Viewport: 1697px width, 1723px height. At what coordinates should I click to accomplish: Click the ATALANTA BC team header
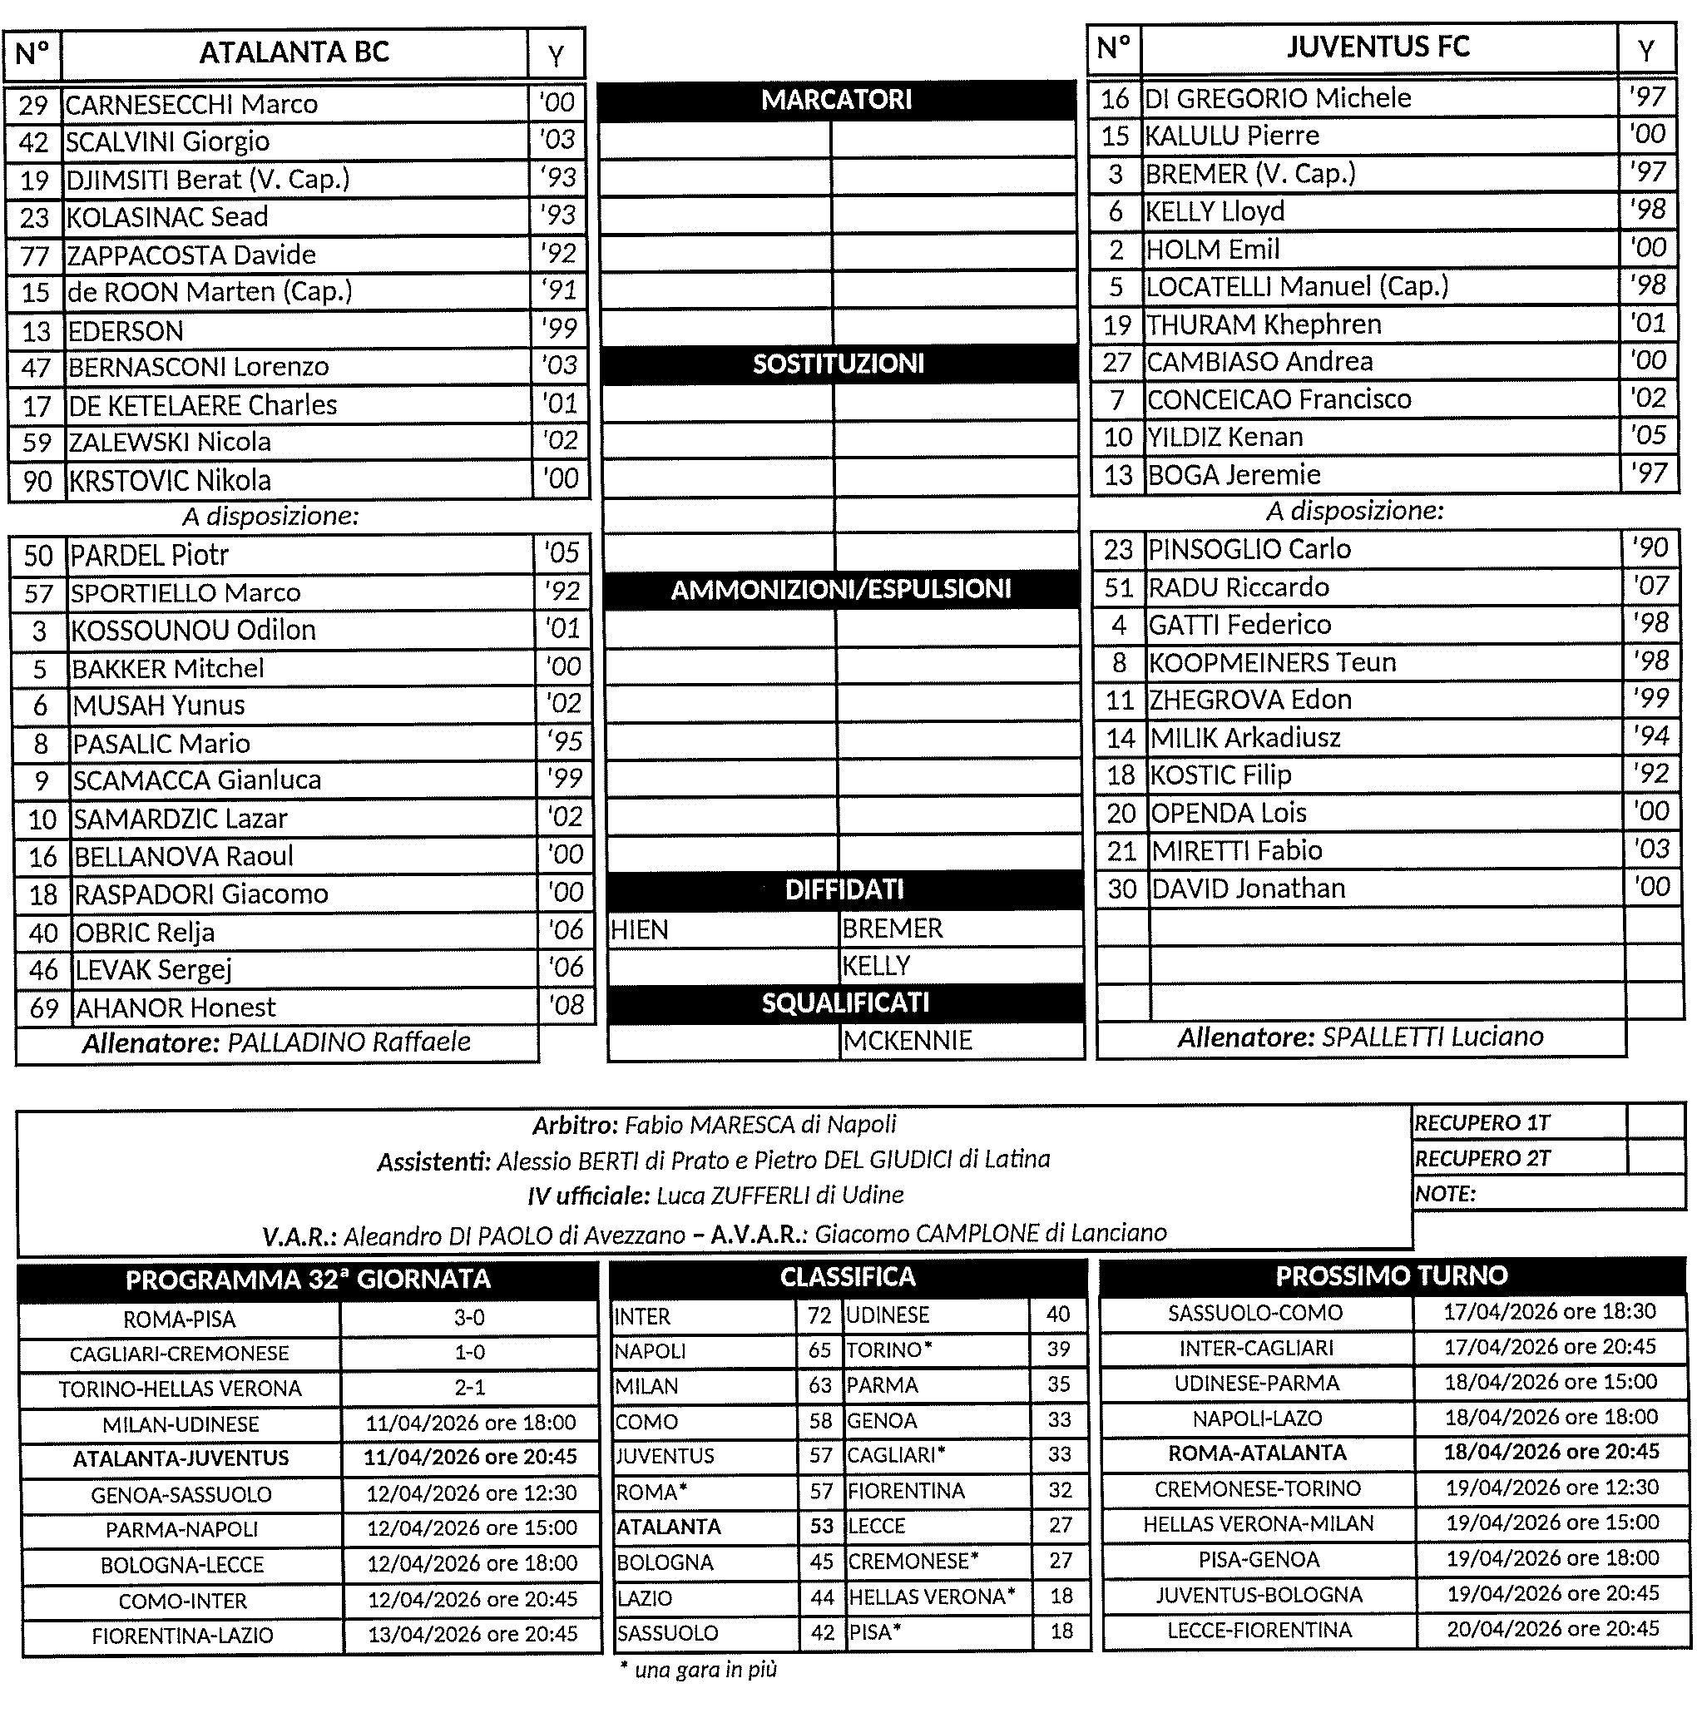point(294,52)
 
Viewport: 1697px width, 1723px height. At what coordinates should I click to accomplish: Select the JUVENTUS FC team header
point(1377,47)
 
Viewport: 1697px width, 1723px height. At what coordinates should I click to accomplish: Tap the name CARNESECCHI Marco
point(191,104)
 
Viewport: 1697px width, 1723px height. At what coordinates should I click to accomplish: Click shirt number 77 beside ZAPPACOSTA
point(35,255)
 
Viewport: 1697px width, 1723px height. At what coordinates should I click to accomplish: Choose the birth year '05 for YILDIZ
point(1647,435)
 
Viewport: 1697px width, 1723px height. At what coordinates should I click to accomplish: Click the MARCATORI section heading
point(836,100)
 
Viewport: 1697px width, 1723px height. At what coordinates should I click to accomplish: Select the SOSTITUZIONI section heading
point(838,364)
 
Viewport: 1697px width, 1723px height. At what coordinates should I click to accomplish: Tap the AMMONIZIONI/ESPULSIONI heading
point(840,589)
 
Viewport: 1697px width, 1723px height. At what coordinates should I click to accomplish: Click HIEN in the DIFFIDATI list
point(639,929)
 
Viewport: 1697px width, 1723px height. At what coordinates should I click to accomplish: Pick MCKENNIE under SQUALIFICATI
point(908,1040)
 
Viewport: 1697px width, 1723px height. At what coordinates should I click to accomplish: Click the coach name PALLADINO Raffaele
point(349,1042)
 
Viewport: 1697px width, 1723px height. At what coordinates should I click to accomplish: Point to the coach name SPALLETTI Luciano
point(1432,1037)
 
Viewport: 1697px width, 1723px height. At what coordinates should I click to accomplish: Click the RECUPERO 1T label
point(1482,1123)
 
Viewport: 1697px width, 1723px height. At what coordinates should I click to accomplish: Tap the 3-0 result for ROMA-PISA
point(470,1318)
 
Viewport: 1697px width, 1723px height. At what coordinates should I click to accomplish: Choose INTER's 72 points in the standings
point(819,1315)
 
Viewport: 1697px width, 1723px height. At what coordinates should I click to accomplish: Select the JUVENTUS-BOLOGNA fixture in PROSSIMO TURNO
point(1259,1595)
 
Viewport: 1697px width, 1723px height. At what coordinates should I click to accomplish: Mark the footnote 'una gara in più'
point(698,1670)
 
